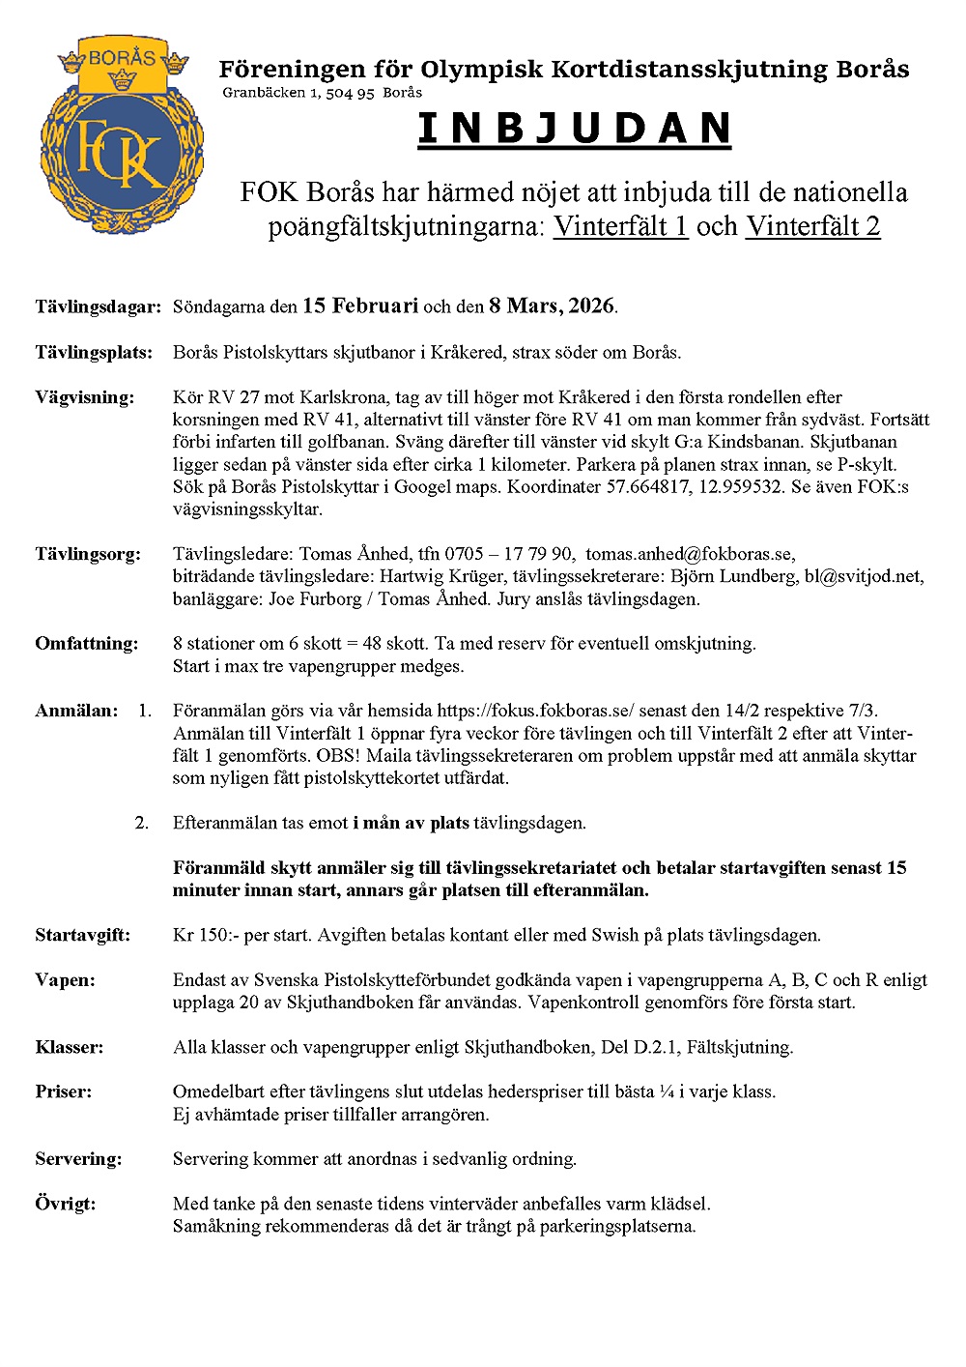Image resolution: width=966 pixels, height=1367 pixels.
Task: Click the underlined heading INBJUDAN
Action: tap(574, 130)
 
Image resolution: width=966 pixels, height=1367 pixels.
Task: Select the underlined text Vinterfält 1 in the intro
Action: tap(620, 226)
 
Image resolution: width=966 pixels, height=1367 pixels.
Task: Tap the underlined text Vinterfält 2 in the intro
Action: tap(812, 226)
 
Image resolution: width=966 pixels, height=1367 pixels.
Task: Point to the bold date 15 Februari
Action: tap(360, 306)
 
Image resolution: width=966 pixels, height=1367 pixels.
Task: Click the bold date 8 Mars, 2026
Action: tap(552, 306)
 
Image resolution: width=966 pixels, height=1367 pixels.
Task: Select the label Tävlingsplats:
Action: tap(94, 352)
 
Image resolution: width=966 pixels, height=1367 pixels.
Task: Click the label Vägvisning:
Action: tap(85, 397)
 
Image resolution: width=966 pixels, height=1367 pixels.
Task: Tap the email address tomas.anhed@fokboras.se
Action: tap(690, 554)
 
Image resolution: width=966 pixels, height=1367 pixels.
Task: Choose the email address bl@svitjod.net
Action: tap(864, 576)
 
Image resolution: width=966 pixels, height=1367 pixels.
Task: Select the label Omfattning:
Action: tap(87, 644)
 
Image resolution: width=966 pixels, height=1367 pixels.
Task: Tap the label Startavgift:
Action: tap(83, 935)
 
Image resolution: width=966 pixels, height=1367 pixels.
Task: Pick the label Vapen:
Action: tap(66, 980)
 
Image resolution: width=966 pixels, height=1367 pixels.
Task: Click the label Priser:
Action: tap(64, 1092)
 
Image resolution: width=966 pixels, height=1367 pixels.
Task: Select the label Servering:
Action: tap(79, 1159)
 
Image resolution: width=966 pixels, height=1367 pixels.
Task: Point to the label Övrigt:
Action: tap(66, 1205)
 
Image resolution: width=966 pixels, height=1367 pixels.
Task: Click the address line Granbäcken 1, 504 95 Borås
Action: tap(322, 93)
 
